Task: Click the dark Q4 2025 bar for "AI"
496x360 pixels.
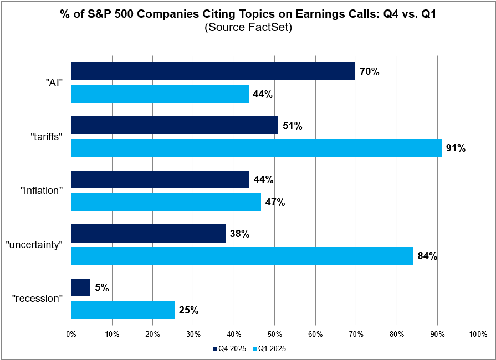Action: tap(213, 71)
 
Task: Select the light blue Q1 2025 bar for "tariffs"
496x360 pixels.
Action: tap(257, 148)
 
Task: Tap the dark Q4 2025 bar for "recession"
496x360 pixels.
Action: tap(81, 287)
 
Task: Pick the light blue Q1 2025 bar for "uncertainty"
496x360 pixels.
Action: tap(242, 256)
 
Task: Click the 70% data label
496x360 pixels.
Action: tap(370, 71)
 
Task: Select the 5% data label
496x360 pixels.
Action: tap(102, 287)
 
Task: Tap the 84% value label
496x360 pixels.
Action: tap(428, 256)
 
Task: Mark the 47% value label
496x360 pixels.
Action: tap(275, 202)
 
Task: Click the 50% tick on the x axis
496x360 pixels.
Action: tap(275, 335)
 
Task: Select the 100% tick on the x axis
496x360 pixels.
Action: tap(478, 335)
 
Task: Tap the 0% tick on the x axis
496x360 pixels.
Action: tap(71, 335)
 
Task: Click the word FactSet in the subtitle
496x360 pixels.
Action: tap(271, 28)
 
